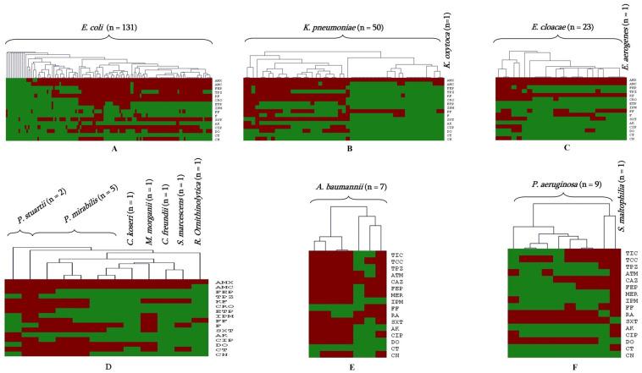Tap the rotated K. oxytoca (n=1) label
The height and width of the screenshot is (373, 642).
(446, 38)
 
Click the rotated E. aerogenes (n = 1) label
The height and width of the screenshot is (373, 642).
(623, 38)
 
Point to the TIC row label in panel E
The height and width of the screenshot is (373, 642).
(396, 254)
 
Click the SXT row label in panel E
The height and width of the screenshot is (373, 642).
(396, 322)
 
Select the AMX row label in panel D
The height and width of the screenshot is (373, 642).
(224, 281)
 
